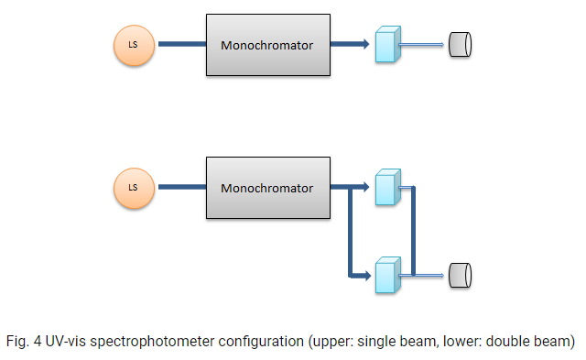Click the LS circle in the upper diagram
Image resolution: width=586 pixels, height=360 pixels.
point(135,45)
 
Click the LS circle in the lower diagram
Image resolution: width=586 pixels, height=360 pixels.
point(135,188)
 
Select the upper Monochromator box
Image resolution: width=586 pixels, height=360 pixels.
point(268,45)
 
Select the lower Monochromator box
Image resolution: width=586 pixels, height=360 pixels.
point(268,188)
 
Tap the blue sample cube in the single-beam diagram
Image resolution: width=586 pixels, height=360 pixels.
point(388,44)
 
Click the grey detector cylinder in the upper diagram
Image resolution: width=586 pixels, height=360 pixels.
point(460,45)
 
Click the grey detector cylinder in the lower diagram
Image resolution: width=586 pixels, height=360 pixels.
point(460,276)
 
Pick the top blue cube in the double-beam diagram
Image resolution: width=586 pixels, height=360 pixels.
point(388,187)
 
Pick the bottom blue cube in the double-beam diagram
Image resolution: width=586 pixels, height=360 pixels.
point(388,275)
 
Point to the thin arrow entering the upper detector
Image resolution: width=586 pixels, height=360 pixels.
point(421,45)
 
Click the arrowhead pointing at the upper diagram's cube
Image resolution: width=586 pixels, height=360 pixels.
point(365,44)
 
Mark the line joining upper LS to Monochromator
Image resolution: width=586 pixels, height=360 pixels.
point(182,44)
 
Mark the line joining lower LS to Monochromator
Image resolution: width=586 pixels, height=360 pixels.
point(182,187)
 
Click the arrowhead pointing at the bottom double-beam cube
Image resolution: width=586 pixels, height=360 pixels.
point(366,276)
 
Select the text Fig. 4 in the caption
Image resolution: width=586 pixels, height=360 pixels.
point(24,342)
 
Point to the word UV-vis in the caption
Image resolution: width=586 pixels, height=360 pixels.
point(66,342)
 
